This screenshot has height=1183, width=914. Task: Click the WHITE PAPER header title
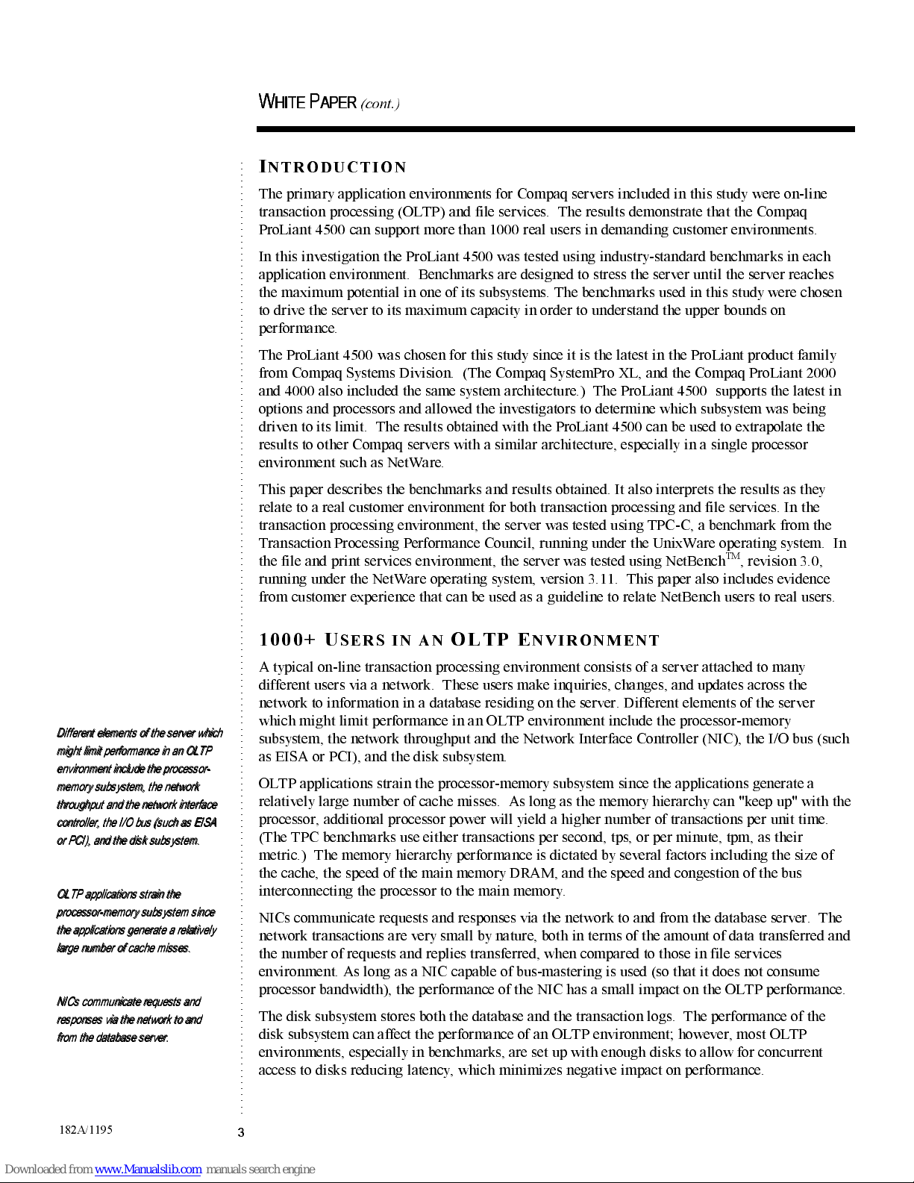[307, 102]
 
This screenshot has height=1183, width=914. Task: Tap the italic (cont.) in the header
[380, 104]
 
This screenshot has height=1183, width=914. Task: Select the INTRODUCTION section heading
[333, 167]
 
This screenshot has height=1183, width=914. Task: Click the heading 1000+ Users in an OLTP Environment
[459, 640]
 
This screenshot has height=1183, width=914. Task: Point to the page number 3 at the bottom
[241, 1132]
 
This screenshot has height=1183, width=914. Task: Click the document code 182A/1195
[86, 1129]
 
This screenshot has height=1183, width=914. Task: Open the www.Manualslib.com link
[148, 1169]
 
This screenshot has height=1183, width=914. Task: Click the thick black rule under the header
[555, 130]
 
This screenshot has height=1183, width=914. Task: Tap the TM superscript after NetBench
[733, 556]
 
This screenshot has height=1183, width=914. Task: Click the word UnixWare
[681, 543]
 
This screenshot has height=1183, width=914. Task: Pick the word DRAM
[532, 873]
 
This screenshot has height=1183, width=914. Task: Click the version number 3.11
[602, 578]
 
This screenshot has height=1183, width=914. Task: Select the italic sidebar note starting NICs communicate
[129, 1020]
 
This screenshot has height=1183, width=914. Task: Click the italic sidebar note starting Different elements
[138, 786]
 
